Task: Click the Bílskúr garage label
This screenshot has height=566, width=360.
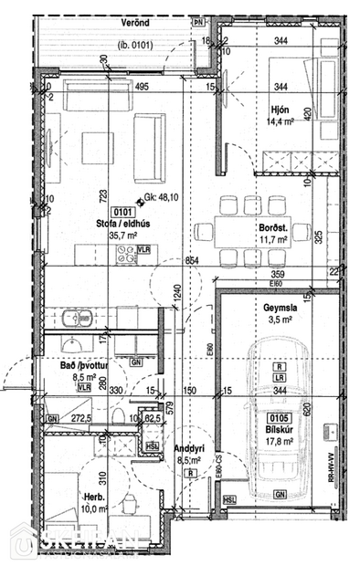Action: pos(277,428)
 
